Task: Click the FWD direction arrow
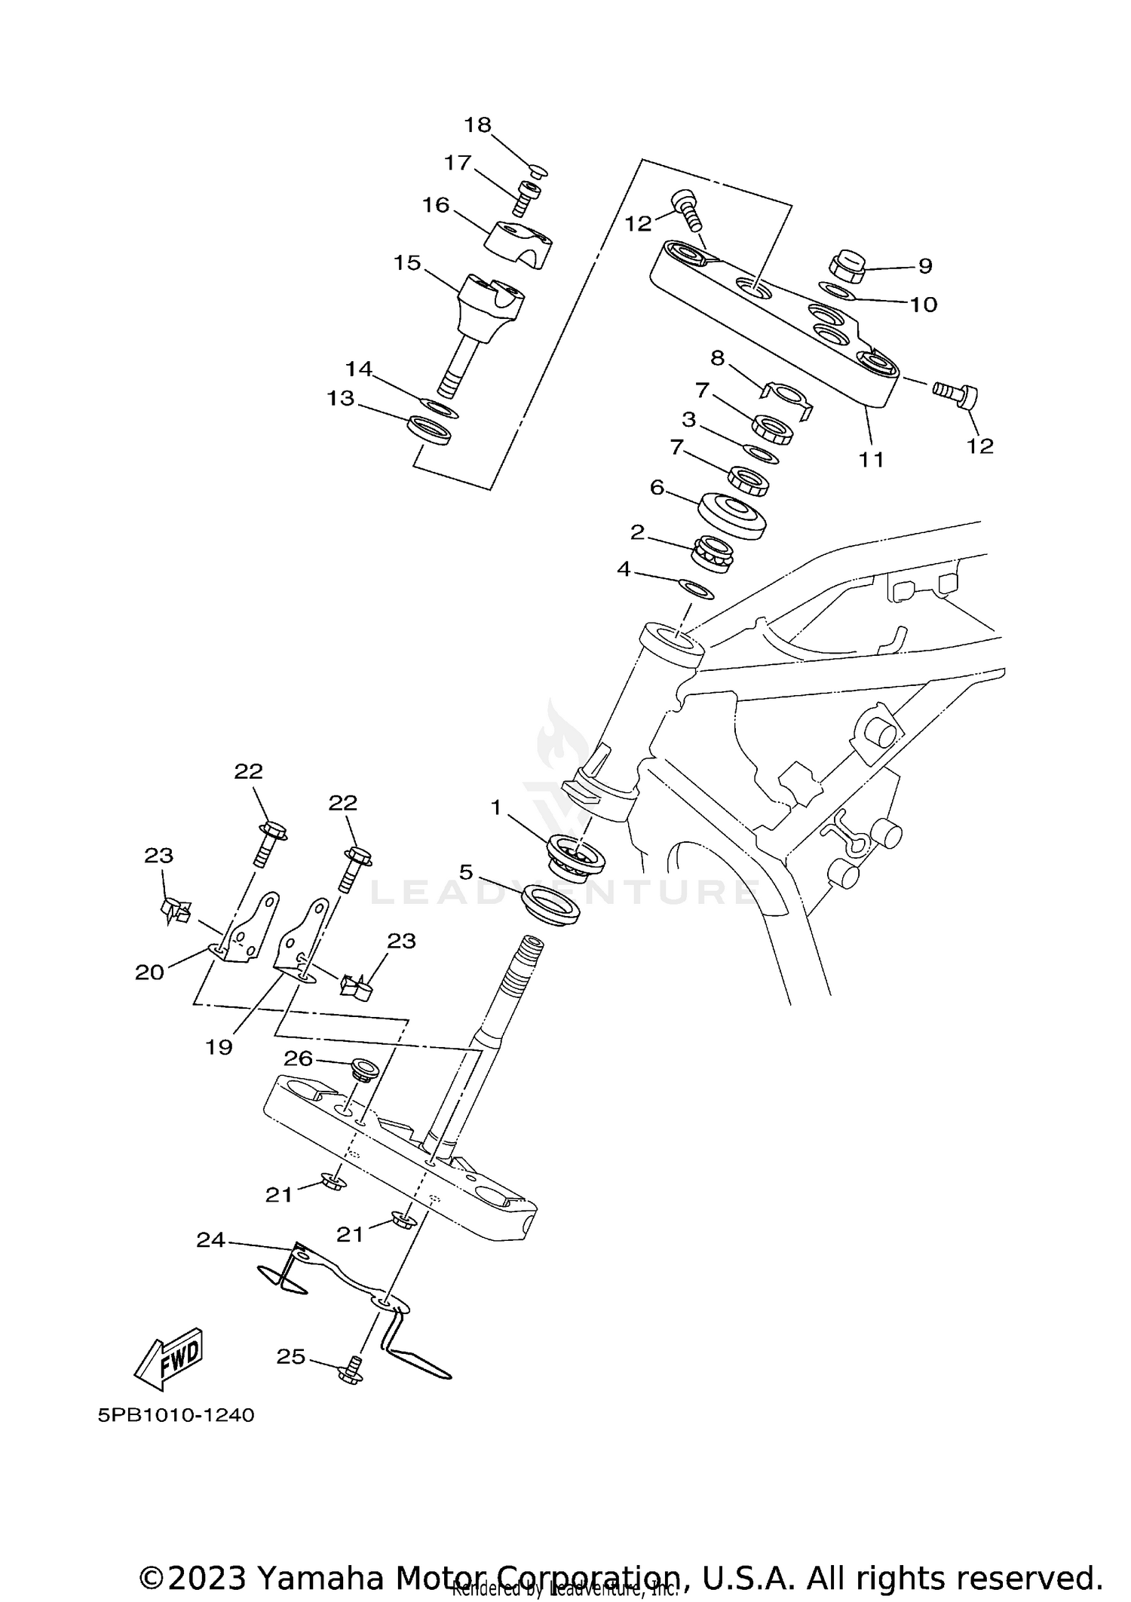click(169, 1358)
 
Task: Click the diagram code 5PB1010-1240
click(176, 1415)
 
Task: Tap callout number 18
click(477, 125)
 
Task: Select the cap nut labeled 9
click(845, 266)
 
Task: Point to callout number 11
click(872, 459)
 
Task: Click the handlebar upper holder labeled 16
click(519, 244)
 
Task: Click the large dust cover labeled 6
click(731, 515)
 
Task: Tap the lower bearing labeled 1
click(578, 856)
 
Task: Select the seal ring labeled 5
click(552, 905)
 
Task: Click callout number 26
click(298, 1058)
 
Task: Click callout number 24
click(210, 1239)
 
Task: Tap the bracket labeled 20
click(245, 931)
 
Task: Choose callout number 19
click(219, 1047)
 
